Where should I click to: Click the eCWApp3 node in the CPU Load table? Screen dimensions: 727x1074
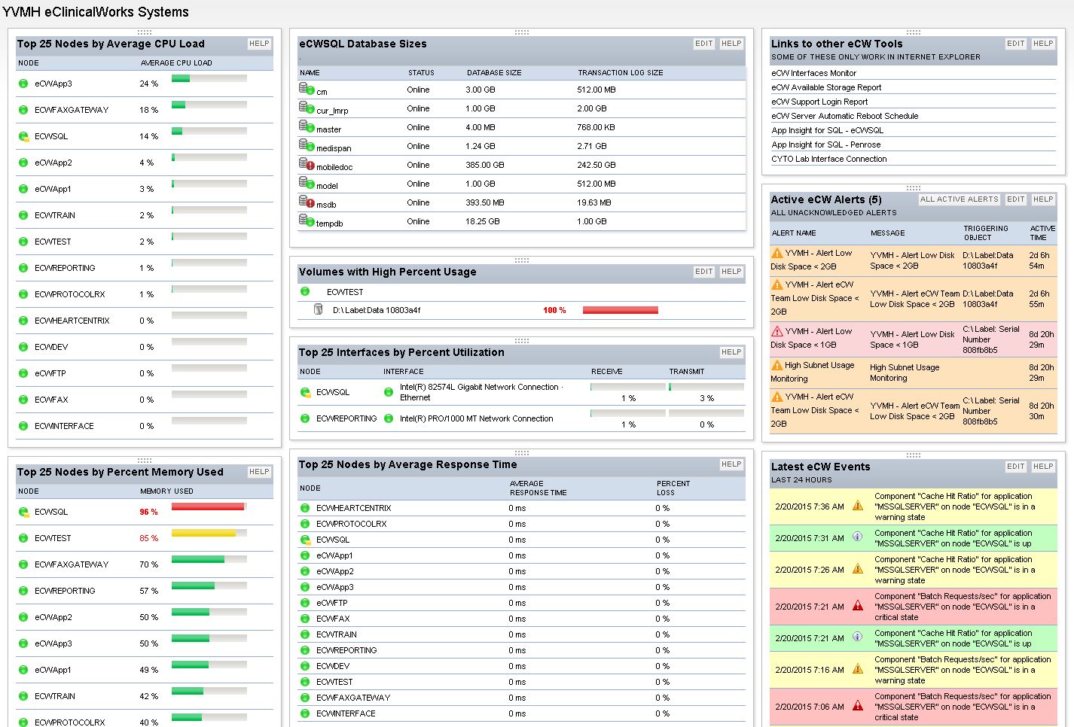[x=53, y=84]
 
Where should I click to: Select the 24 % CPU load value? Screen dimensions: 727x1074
[x=148, y=84]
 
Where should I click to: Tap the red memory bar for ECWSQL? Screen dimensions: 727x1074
[x=208, y=507]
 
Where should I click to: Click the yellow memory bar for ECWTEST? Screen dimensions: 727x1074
[x=203, y=534]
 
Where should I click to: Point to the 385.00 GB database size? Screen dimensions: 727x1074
[x=484, y=165]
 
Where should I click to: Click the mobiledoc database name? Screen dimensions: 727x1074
[x=334, y=167]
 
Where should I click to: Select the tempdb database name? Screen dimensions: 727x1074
[x=329, y=224]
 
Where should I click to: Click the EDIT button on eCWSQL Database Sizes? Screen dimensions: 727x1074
[x=703, y=44]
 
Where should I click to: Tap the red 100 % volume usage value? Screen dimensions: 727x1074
[x=554, y=310]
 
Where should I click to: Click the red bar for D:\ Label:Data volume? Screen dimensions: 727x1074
[x=620, y=310]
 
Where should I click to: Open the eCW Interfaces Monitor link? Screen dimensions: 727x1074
[x=813, y=73]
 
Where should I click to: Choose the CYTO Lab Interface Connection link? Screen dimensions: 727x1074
[x=828, y=159]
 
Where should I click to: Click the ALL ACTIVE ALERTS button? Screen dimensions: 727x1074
[x=959, y=199]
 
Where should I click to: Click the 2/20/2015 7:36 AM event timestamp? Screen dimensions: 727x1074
[x=809, y=506]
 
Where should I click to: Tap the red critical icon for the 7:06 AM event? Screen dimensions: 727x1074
[x=858, y=706]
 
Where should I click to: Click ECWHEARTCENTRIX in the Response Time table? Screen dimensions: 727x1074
[x=353, y=508]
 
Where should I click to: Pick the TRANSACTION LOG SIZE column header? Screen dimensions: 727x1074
[x=620, y=73]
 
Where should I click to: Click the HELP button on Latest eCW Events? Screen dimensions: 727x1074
[x=1042, y=467]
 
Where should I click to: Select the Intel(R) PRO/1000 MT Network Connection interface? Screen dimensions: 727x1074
[x=476, y=418]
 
